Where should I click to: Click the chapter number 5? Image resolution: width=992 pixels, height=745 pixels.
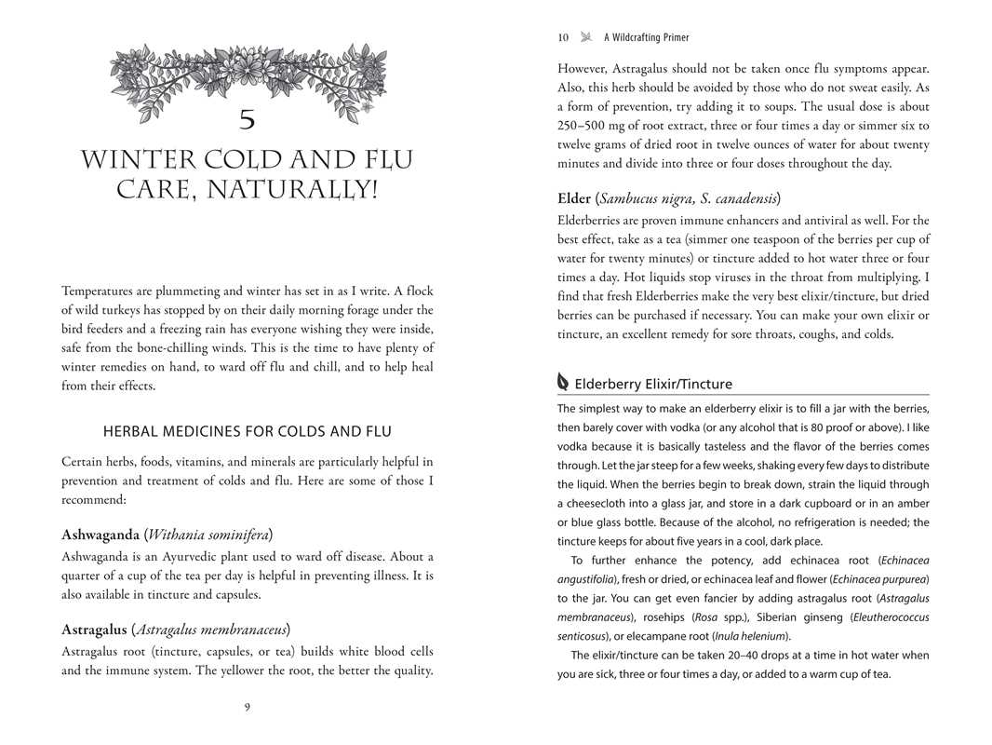247,120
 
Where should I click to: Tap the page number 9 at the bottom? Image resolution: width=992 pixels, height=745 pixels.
247,707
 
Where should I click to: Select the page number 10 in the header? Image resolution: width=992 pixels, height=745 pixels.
563,38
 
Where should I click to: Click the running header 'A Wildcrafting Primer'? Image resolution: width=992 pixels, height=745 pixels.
646,38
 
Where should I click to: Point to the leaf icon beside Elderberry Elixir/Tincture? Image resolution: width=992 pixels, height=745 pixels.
562,383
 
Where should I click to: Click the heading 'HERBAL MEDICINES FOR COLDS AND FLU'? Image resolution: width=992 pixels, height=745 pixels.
248,432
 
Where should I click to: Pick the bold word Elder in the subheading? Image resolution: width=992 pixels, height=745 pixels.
573,198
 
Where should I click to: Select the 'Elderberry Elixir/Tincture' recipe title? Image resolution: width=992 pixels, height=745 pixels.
653,384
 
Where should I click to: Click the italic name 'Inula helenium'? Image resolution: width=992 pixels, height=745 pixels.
751,636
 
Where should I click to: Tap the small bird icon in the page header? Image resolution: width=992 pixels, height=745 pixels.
586,38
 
